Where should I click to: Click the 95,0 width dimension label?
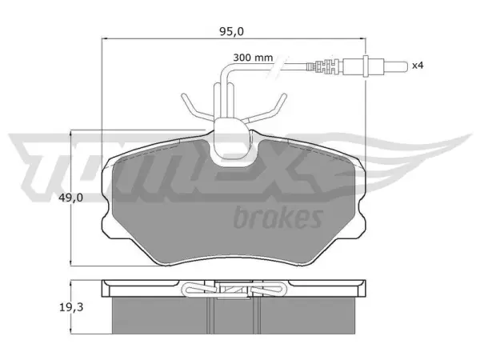[231, 31]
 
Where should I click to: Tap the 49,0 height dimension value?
[70, 198]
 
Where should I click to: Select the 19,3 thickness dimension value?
[70, 307]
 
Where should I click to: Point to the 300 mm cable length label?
[253, 58]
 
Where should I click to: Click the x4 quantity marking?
[418, 66]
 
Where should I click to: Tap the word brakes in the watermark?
[278, 218]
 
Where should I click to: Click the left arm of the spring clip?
[197, 107]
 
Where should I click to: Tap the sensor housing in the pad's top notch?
[231, 141]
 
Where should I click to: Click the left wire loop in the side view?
[199, 289]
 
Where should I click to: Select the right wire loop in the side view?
[267, 289]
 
